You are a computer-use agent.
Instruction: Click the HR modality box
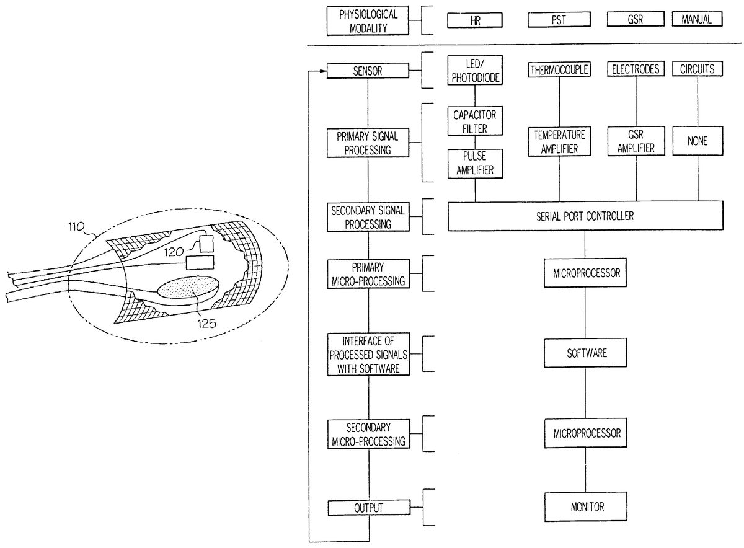tap(475, 20)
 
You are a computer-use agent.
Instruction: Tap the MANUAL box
tap(697, 19)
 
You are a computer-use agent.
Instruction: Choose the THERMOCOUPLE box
tap(559, 69)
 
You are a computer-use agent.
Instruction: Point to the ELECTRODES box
tap(635, 69)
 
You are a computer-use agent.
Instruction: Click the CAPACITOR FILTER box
tap(475, 122)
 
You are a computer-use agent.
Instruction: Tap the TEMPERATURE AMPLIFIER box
tap(559, 141)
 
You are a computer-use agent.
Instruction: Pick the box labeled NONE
tap(697, 141)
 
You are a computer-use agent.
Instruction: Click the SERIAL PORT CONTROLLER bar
tap(585, 216)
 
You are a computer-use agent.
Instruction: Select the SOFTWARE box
tap(586, 353)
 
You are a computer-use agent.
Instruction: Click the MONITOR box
tap(586, 506)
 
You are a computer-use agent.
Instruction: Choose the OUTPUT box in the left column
tap(368, 508)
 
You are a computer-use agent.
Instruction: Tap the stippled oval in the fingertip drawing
tap(188, 289)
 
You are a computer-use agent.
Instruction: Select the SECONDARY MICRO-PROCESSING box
tap(368, 435)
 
